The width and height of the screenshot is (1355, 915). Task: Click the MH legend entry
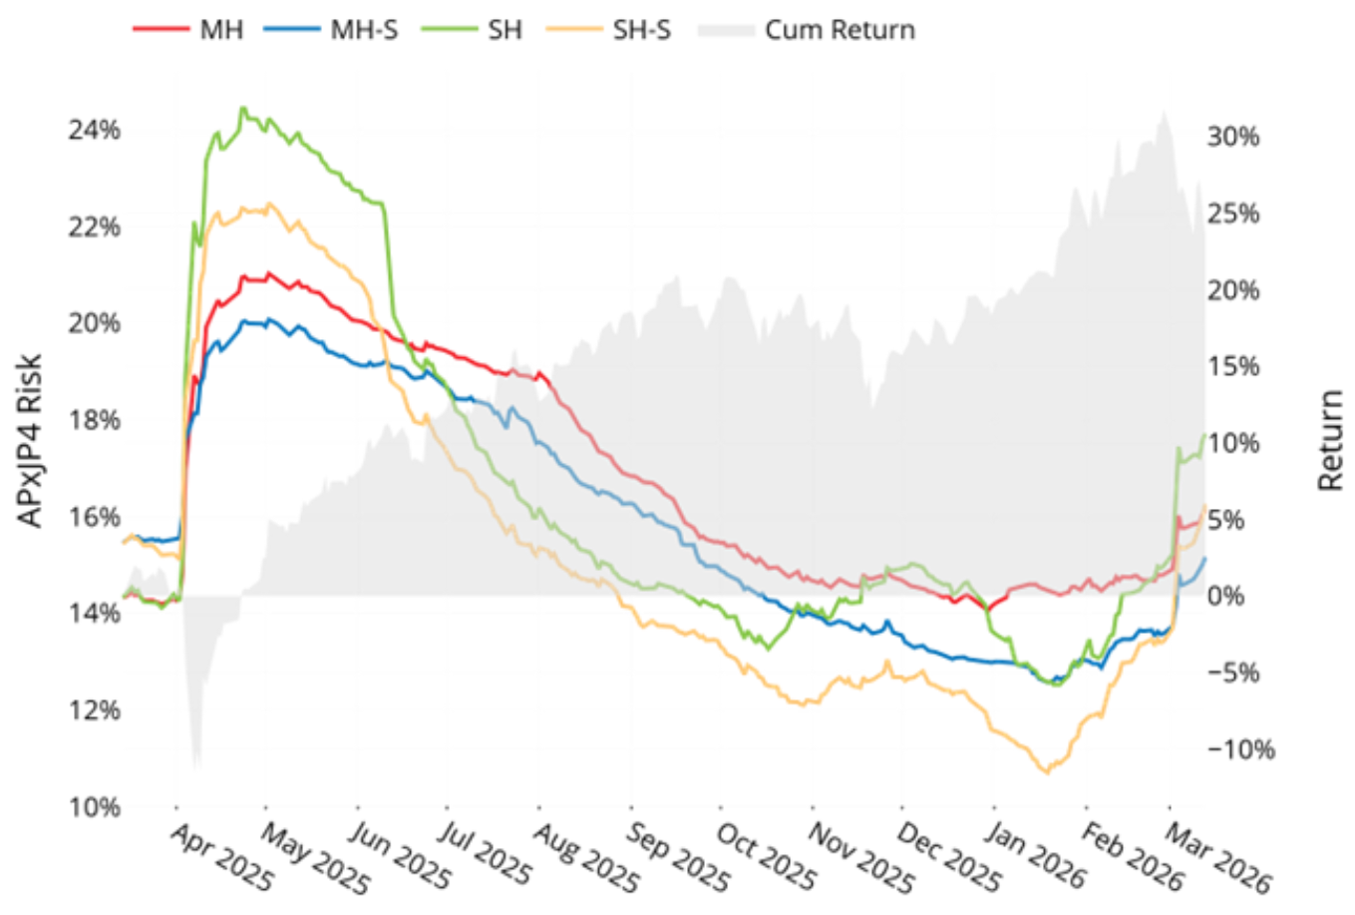pos(220,29)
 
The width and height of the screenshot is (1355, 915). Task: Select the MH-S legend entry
pos(363,29)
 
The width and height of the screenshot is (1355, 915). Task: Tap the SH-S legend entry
pos(641,29)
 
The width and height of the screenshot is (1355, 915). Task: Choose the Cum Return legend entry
pos(839,29)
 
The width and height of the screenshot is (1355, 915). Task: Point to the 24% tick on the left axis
pos(94,130)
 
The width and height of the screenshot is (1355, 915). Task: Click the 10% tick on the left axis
pos(94,806)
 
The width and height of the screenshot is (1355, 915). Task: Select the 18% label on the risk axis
pos(94,419)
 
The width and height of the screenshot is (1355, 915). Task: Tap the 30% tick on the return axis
pos(1233,137)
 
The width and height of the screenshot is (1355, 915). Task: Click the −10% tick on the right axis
pos(1240,749)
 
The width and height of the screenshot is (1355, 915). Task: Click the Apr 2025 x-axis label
pos(220,857)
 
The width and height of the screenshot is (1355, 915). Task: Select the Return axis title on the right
pos(1331,440)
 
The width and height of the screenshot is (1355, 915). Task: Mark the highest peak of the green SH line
pos(242,108)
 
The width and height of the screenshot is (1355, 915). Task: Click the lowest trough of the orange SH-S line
pos(1045,771)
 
